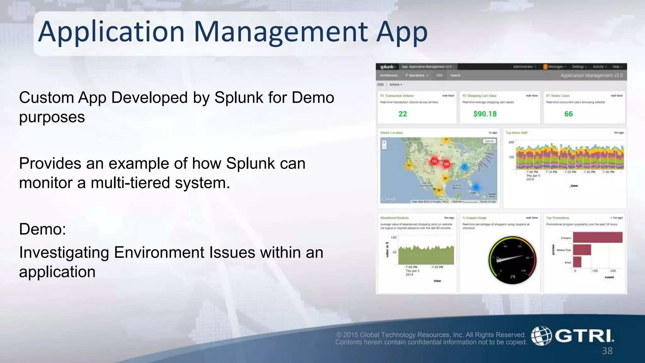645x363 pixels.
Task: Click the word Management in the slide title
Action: pyautogui.click(x=281, y=32)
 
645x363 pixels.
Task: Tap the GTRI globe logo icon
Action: pyautogui.click(x=541, y=336)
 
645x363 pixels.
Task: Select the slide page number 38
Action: pyautogui.click(x=607, y=351)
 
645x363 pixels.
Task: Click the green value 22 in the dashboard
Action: pyautogui.click(x=402, y=114)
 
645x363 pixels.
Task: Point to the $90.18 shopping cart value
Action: pyautogui.click(x=485, y=114)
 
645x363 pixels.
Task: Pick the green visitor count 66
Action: pyautogui.click(x=568, y=114)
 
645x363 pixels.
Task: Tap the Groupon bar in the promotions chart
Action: pyautogui.click(x=597, y=238)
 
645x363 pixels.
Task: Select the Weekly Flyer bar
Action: pyautogui.click(x=582, y=250)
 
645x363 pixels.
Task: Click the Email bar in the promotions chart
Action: pyautogui.click(x=577, y=262)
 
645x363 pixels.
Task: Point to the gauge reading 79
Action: pyautogui.click(x=512, y=277)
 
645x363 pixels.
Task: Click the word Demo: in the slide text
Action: pyautogui.click(x=43, y=229)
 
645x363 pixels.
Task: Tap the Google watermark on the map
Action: pyautogui.click(x=389, y=199)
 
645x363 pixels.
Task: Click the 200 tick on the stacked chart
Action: pyautogui.click(x=511, y=142)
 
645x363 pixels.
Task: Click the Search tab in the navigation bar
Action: pyautogui.click(x=455, y=76)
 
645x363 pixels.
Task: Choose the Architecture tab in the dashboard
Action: pyautogui.click(x=389, y=76)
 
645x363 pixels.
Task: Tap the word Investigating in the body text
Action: pyautogui.click(x=64, y=253)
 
